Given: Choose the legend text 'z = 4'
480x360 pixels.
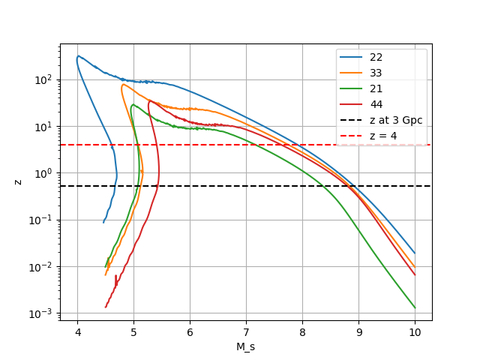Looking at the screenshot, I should click(x=383, y=136).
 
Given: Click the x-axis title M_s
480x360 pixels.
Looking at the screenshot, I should click(x=246, y=346).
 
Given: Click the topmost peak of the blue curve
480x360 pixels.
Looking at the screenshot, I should click(x=78, y=55).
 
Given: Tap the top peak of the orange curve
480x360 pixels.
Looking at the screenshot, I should click(x=122, y=85).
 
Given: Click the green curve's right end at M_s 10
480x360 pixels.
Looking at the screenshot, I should click(x=415, y=307).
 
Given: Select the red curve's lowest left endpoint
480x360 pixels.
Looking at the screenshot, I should click(x=106, y=307).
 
